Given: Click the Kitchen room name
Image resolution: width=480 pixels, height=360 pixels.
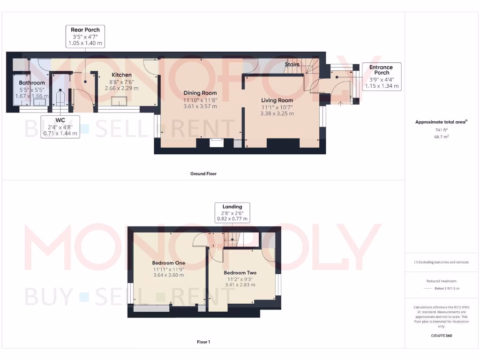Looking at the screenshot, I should point(121,75).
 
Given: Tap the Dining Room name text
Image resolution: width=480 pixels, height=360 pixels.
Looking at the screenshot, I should point(200,93).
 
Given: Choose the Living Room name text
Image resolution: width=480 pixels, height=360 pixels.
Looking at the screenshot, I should point(277,100).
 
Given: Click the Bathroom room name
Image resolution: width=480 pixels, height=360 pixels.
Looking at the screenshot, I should point(32,83).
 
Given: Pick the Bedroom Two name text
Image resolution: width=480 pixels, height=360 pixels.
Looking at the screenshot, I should point(240,273).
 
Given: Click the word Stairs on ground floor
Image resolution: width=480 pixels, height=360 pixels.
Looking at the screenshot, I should point(292,64).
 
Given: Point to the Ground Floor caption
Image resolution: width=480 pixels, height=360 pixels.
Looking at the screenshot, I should point(203,173).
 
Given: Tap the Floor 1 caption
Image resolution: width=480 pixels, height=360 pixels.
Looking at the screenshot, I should point(203,342).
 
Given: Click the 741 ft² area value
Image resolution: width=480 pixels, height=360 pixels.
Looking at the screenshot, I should point(442,129).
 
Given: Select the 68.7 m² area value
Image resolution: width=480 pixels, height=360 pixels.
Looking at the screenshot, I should point(442,136).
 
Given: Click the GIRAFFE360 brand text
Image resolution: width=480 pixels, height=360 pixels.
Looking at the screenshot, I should point(442,336).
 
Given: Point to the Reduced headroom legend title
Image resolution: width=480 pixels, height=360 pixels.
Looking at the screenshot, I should point(442,281).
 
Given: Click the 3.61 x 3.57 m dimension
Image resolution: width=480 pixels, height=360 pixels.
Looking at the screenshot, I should point(200,106).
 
